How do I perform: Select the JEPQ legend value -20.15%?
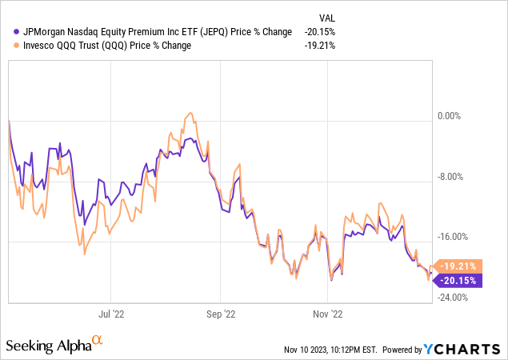[x=319, y=31]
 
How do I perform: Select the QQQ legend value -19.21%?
[x=319, y=46]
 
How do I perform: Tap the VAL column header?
[x=327, y=16]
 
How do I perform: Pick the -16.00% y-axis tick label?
[x=452, y=238]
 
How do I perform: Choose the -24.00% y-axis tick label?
[x=452, y=298]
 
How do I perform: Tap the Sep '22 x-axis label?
[x=221, y=315]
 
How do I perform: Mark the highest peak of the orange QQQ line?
[x=190, y=112]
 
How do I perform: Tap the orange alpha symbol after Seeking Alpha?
[x=98, y=341]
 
